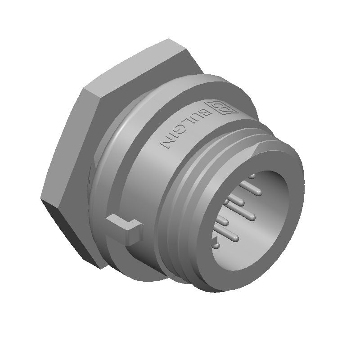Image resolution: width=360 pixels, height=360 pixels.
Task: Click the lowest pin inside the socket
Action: pyautogui.click(x=216, y=246)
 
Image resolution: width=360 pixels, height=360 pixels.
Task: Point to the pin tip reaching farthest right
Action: pyautogui.click(x=259, y=193)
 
